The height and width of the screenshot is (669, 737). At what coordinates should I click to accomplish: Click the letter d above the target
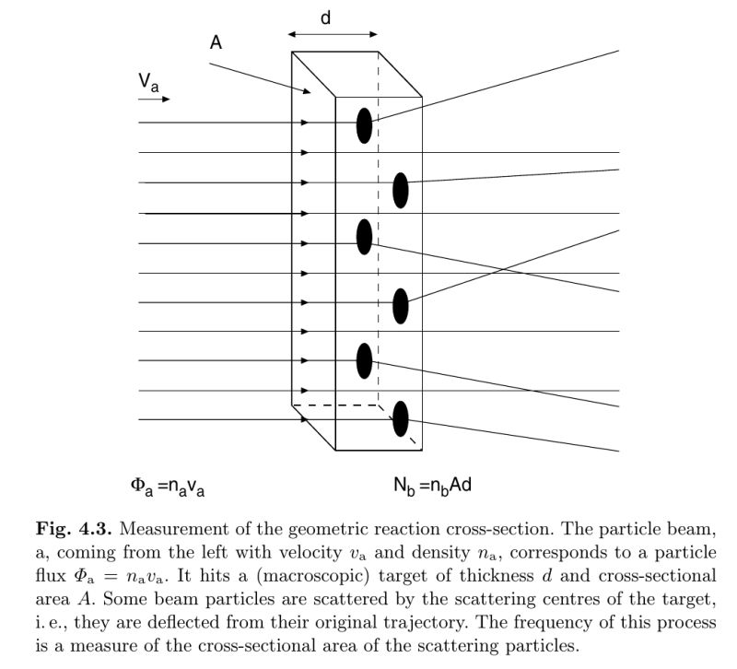[x=325, y=18]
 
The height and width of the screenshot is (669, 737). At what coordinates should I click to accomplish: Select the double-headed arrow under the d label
[x=332, y=34]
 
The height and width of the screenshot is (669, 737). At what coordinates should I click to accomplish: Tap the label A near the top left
[x=216, y=43]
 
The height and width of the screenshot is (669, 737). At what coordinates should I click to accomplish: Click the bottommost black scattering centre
[x=401, y=419]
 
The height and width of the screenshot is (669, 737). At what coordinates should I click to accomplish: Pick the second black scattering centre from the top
[x=401, y=190]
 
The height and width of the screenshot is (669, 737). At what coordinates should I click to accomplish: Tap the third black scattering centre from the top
[x=365, y=237]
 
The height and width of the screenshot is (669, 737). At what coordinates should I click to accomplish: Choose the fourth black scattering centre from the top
[x=401, y=306]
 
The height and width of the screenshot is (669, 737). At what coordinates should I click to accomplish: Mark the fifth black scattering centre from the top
[x=365, y=360]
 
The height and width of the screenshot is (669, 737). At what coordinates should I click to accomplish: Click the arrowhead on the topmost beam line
[x=304, y=123]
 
